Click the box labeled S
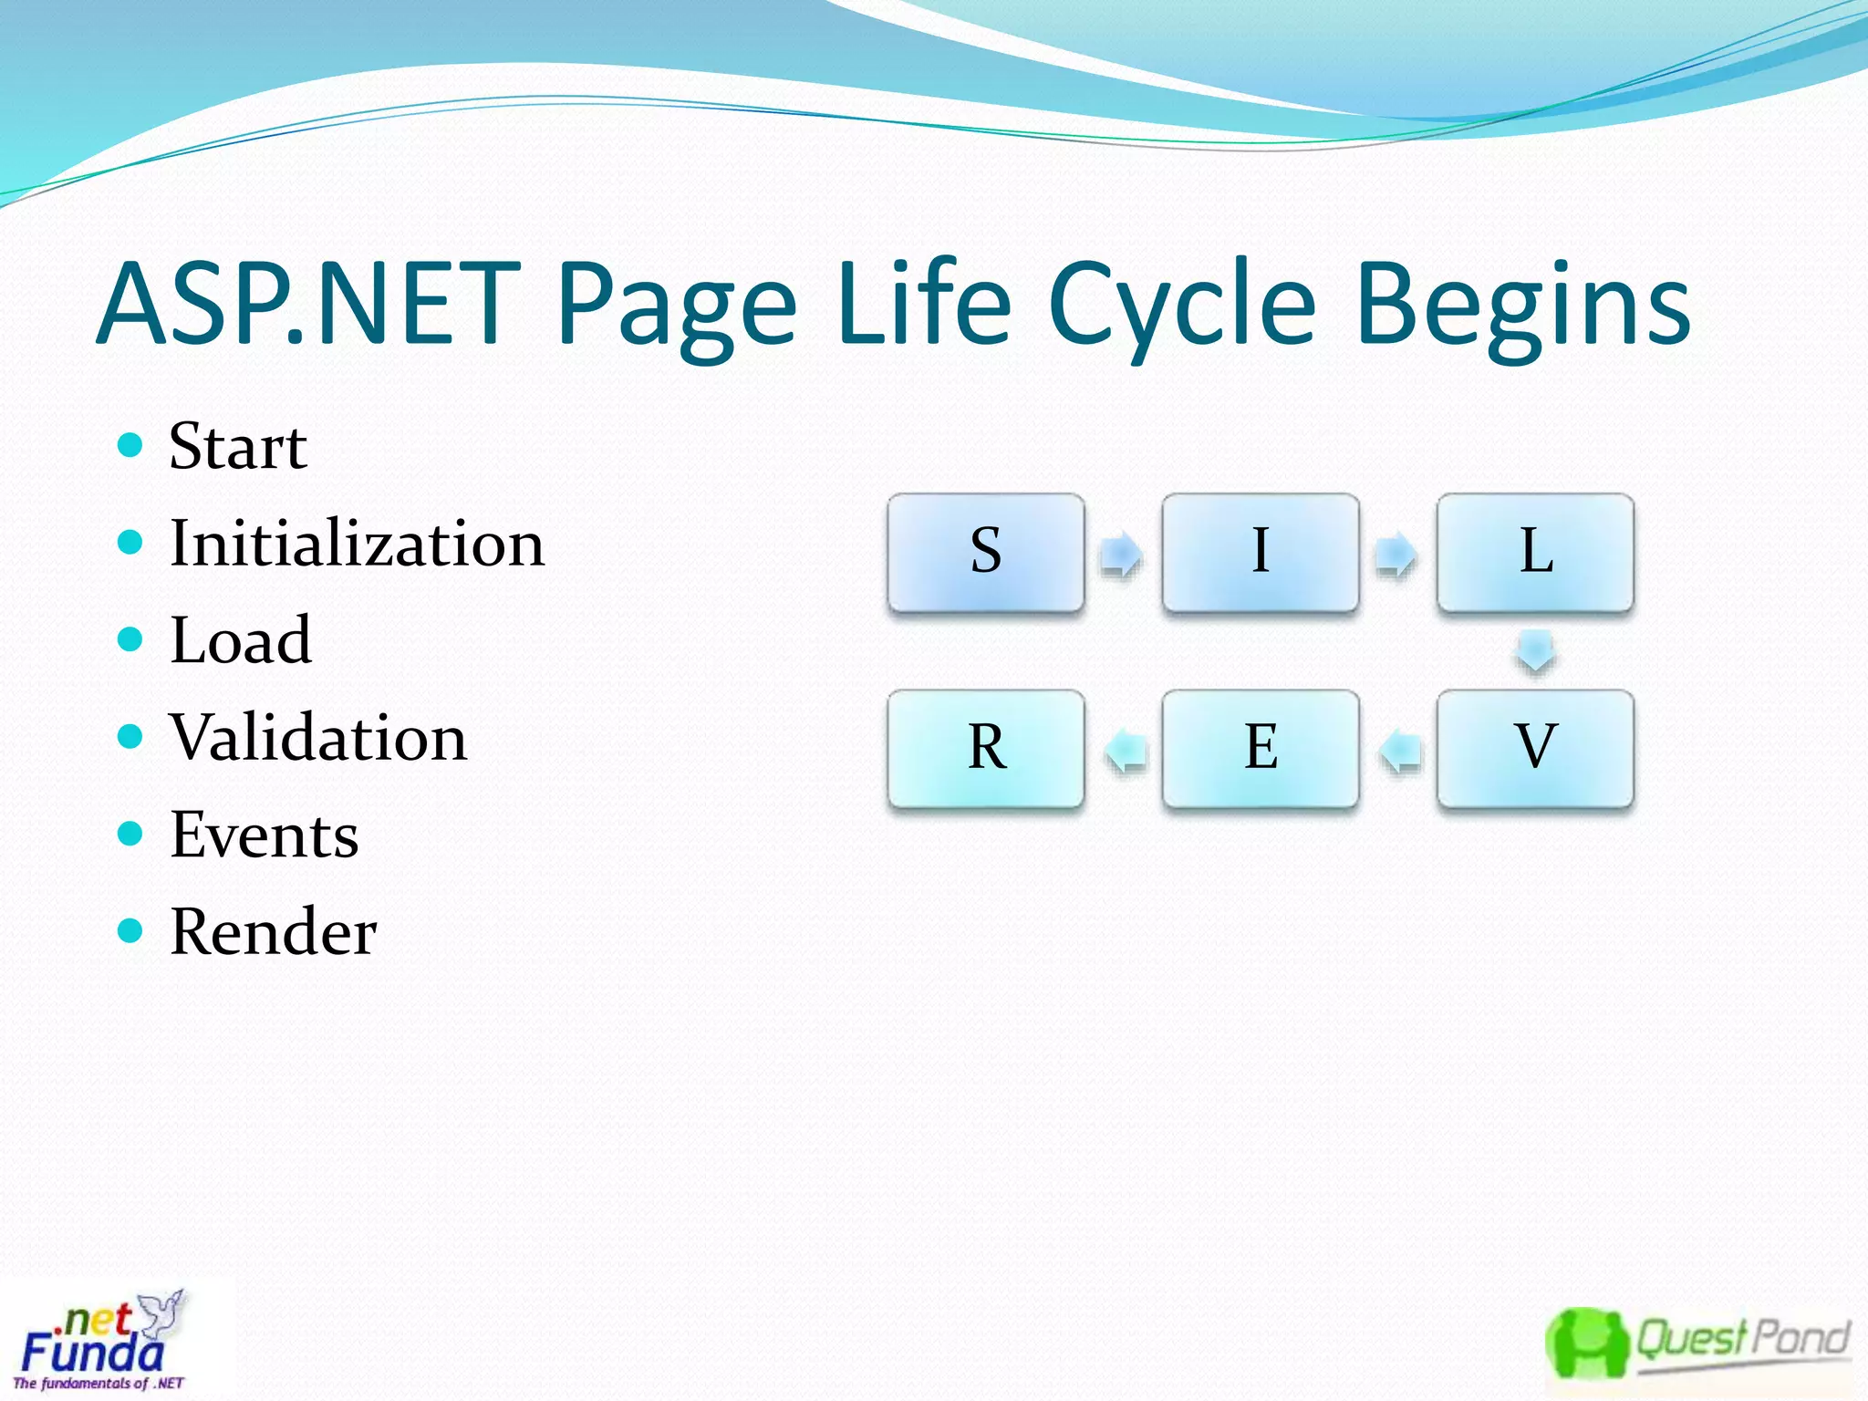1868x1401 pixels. [986, 553]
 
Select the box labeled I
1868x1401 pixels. [1261, 553]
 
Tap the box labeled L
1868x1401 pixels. [1535, 553]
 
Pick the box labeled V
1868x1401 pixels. [1535, 748]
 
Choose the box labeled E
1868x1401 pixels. [1261, 748]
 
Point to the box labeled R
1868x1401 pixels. [986, 748]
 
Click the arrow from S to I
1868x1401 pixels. [1122, 554]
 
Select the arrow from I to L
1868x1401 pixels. [1396, 554]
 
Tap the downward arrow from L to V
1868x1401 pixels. [1535, 651]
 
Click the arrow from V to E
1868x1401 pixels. [1399, 751]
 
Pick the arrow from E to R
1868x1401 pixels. [1125, 751]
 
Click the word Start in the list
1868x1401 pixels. [238, 447]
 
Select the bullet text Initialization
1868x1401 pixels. [357, 544]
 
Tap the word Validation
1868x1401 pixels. [318, 737]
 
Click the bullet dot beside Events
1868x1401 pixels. [131, 833]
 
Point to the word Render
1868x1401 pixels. [273, 931]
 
